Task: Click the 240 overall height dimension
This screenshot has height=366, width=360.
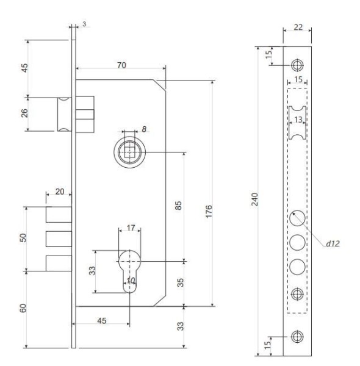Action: [x=255, y=199]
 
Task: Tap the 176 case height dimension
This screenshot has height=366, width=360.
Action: [x=209, y=211]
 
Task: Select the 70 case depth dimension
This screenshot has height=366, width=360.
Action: [x=121, y=65]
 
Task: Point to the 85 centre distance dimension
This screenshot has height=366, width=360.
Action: [x=178, y=206]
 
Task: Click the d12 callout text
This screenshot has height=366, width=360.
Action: [x=333, y=243]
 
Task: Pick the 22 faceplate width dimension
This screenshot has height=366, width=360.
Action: [x=298, y=27]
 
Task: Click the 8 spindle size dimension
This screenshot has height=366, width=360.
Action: [x=144, y=129]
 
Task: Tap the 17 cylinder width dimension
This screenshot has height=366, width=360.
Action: [x=131, y=228]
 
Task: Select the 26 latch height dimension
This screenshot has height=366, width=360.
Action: [x=24, y=113]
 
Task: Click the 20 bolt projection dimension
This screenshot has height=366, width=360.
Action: [x=60, y=192]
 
